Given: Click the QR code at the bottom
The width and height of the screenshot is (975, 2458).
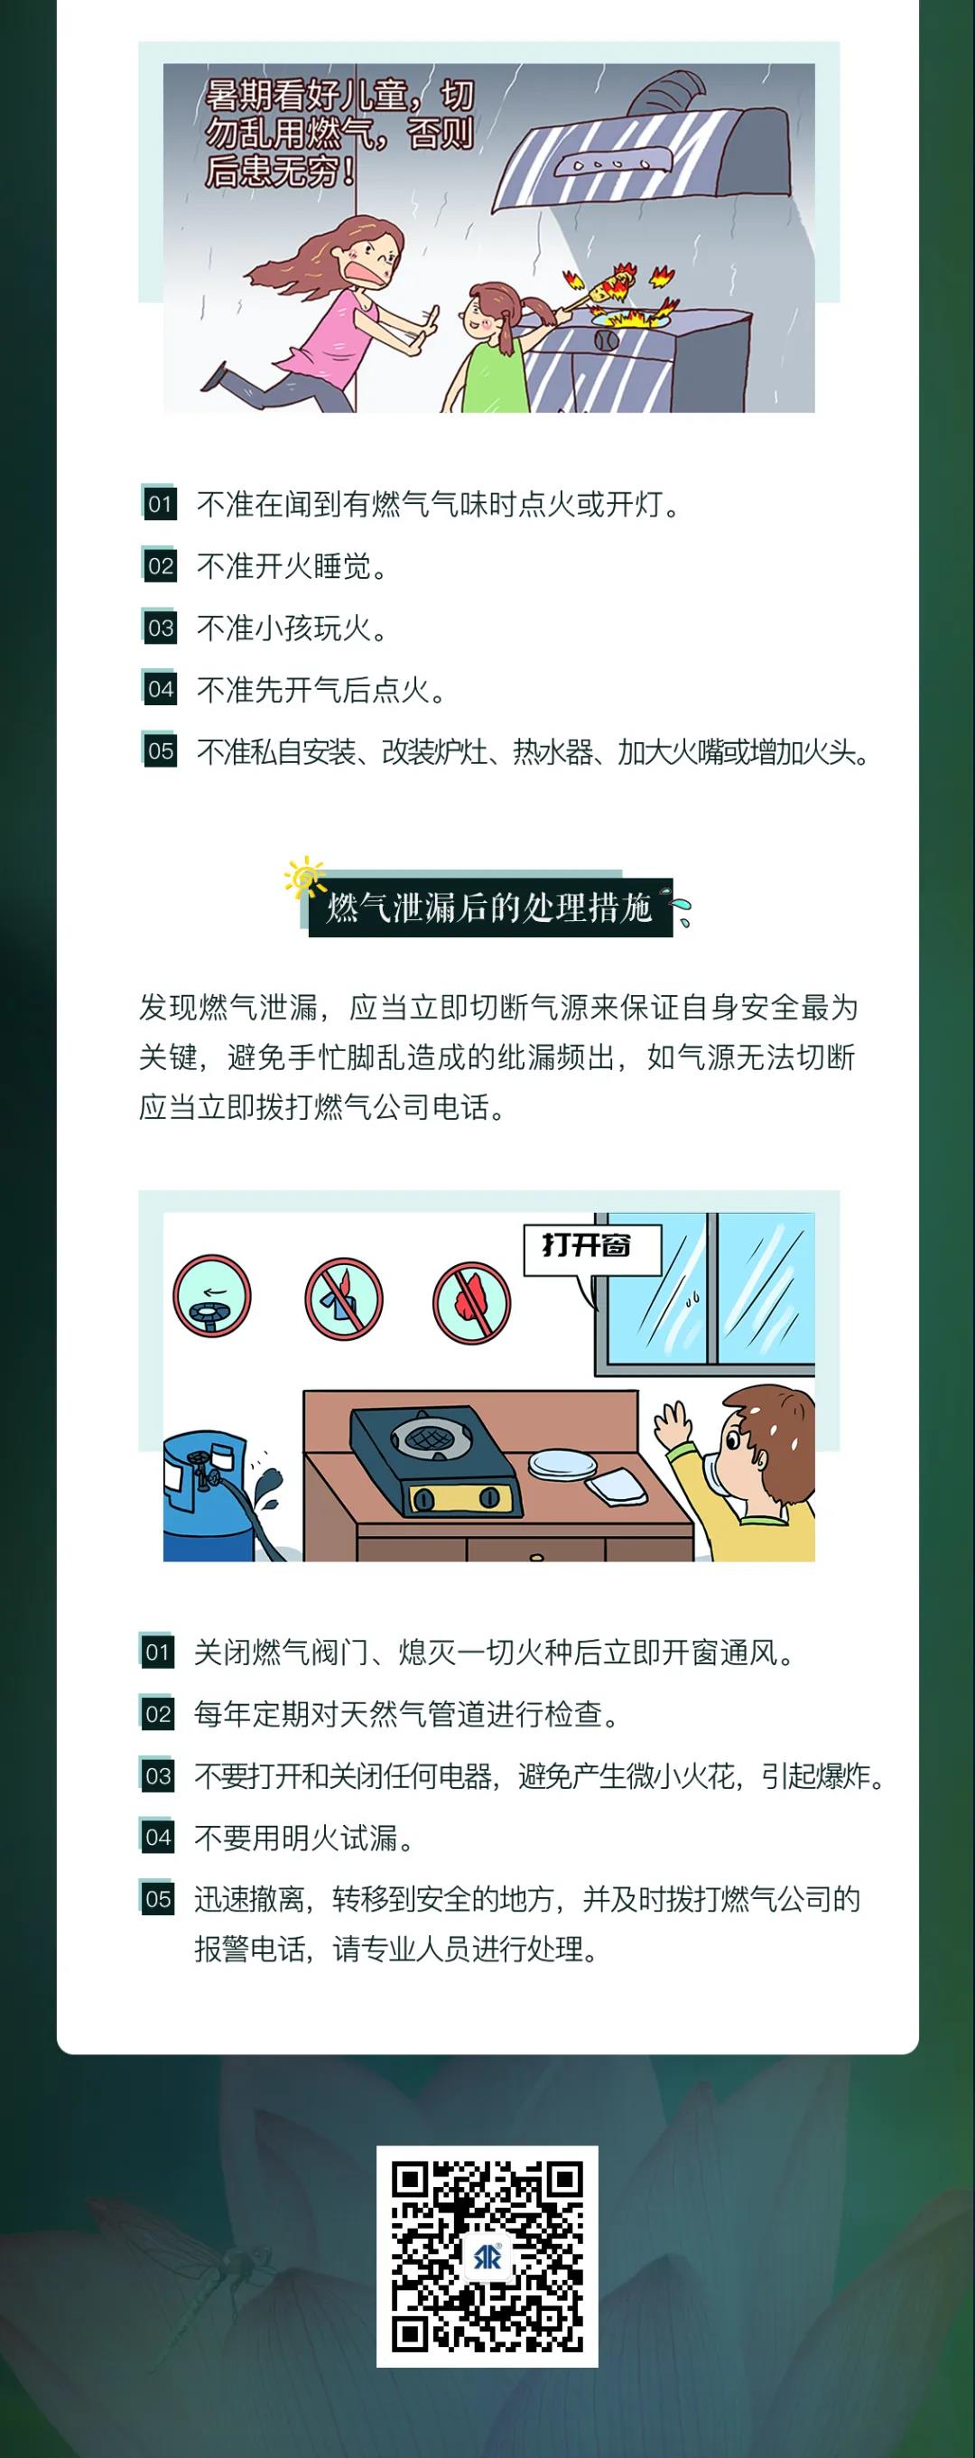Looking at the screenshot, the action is [487, 2255].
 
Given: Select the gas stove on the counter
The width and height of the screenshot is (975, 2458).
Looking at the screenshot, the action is [436, 1460].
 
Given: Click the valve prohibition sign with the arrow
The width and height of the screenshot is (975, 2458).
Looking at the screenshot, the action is [212, 1296].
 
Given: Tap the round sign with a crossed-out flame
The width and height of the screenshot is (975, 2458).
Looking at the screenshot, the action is [471, 1301].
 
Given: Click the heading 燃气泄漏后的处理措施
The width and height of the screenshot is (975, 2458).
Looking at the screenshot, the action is [489, 907].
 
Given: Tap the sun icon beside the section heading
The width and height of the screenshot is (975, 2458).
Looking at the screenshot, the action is [304, 878].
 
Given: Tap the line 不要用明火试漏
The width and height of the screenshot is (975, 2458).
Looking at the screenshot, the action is [304, 1837].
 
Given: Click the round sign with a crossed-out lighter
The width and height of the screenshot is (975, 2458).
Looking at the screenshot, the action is [343, 1299].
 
